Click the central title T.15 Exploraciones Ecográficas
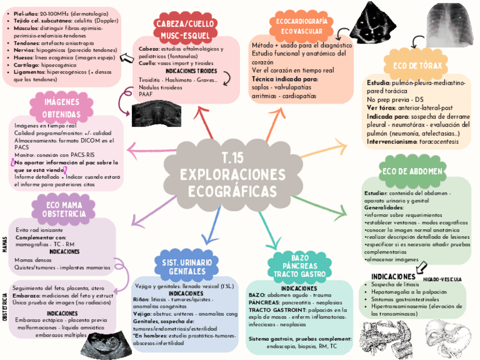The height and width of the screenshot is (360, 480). [235, 174]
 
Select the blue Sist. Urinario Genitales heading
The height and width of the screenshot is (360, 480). [187, 267]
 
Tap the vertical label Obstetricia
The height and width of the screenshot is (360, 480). [5, 308]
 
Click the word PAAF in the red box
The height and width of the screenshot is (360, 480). [145, 94]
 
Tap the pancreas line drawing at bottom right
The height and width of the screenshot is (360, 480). [385, 339]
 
